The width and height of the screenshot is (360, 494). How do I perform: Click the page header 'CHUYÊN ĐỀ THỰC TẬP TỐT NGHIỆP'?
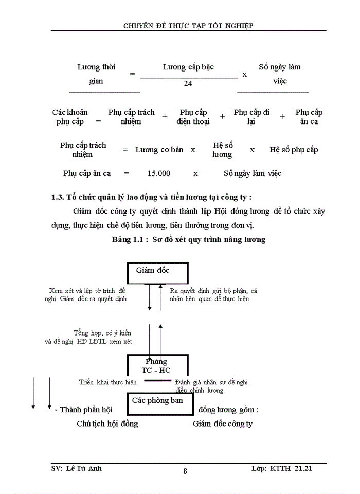pos(189,25)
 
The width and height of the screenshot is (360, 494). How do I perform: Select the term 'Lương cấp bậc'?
pos(188,67)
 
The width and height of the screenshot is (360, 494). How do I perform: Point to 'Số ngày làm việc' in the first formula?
pos(280,74)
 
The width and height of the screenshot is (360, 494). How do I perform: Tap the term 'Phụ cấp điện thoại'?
pos(193,117)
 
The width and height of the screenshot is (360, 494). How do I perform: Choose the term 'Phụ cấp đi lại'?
pos(251,117)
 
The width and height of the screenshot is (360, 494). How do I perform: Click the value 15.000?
pos(158,173)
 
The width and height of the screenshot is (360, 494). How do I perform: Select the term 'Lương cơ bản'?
pos(159,150)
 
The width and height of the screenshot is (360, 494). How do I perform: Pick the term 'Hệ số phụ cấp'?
pos(294,150)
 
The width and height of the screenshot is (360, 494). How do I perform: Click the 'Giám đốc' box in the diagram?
pos(157,273)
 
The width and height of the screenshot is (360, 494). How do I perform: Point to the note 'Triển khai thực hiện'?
pos(108,382)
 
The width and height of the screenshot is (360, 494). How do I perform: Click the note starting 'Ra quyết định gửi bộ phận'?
pos(213,294)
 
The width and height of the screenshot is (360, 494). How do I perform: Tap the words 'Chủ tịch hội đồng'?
pos(107,424)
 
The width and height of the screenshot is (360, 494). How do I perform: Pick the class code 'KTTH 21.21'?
pos(296,468)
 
